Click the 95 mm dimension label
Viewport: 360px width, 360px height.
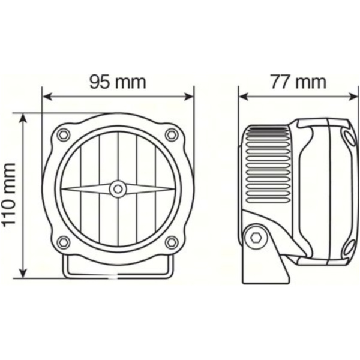click(x=118, y=81)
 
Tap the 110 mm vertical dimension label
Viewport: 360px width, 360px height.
click(x=8, y=196)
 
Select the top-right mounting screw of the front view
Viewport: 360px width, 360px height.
click(x=172, y=134)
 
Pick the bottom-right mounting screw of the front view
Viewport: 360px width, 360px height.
click(x=172, y=242)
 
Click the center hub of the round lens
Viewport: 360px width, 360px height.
click(x=118, y=189)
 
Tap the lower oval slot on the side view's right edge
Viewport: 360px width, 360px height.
click(x=349, y=243)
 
